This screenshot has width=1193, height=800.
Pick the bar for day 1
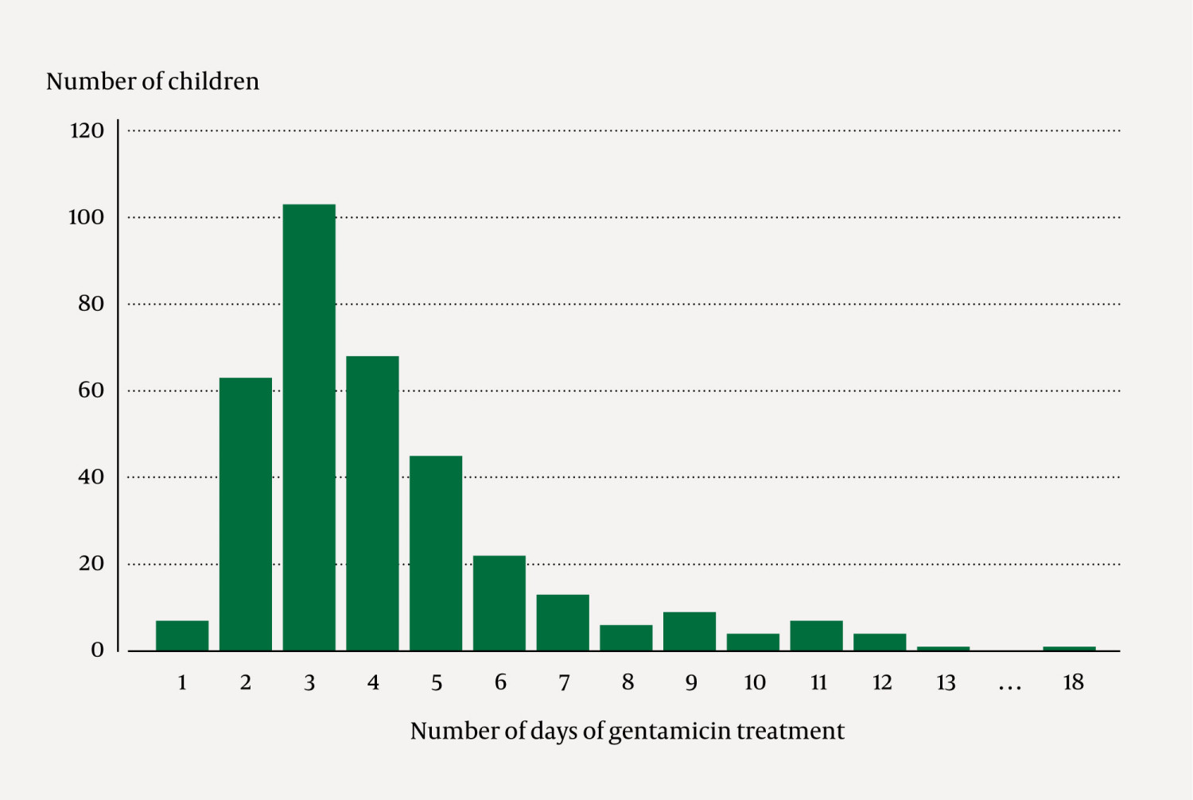coord(182,635)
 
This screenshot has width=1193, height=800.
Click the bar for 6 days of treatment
coord(499,603)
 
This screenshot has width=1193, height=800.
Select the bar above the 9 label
coord(690,631)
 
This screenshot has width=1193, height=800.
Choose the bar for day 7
coord(563,623)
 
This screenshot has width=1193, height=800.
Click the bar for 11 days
coord(816,635)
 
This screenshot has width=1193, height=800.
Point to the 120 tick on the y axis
coord(87,130)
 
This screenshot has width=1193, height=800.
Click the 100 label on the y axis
coord(86,217)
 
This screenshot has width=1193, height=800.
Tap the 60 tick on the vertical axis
coord(91,390)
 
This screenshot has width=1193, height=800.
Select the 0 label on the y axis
coord(97,650)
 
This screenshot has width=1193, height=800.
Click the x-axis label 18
coord(1073,682)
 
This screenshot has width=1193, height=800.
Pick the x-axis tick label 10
coord(754,682)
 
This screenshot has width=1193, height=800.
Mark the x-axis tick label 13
coord(945,682)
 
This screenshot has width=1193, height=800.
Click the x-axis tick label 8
coord(628,682)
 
